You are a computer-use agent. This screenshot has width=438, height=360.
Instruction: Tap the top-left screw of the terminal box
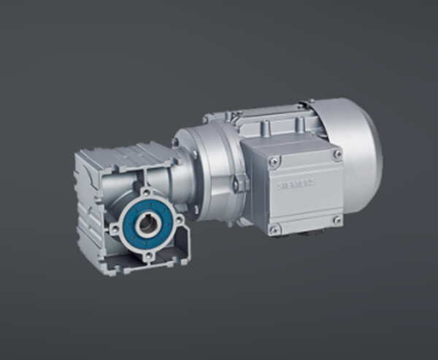point(273,162)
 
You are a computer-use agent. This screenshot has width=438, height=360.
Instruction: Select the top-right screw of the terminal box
point(337,155)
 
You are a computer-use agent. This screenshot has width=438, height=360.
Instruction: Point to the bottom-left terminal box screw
point(274,229)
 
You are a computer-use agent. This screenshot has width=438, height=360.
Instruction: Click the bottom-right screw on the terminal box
point(337,219)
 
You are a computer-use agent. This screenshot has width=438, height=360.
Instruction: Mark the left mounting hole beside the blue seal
point(115,229)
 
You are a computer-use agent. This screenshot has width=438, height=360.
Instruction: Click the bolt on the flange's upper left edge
point(176,142)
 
